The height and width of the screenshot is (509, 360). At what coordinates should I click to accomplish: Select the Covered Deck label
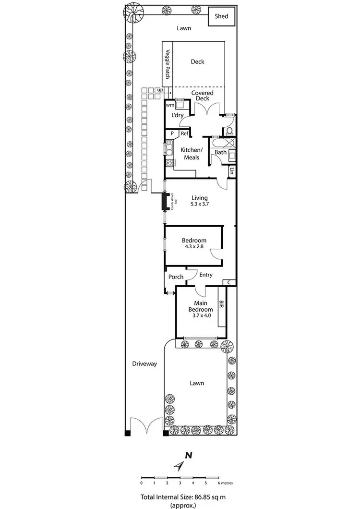pyautogui.click(x=202, y=95)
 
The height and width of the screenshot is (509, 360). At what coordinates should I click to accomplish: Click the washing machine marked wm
pyautogui.click(x=169, y=105)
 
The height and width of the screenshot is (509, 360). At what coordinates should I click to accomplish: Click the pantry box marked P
pyautogui.click(x=172, y=133)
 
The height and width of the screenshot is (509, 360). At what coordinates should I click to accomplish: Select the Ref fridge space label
pyautogui.click(x=184, y=133)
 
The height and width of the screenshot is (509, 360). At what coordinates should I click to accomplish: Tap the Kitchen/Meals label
pyautogui.click(x=192, y=154)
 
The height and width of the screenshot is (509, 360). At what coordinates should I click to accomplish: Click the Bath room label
pyautogui.click(x=220, y=152)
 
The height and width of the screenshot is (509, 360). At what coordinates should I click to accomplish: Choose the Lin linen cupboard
pyautogui.click(x=232, y=170)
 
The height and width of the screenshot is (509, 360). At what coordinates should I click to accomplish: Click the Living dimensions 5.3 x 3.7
pyautogui.click(x=200, y=204)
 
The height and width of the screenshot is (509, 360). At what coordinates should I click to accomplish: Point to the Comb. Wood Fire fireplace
pyautogui.click(x=169, y=202)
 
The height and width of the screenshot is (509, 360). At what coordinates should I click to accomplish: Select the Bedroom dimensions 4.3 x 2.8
pyautogui.click(x=194, y=247)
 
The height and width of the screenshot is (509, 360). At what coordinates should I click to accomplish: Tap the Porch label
pyautogui.click(x=176, y=277)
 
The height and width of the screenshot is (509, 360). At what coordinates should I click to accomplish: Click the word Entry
pyautogui.click(x=205, y=275)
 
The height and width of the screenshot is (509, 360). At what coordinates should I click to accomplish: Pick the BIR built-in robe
pyautogui.click(x=221, y=305)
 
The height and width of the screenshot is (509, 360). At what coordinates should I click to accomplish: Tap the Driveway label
pyautogui.click(x=144, y=364)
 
